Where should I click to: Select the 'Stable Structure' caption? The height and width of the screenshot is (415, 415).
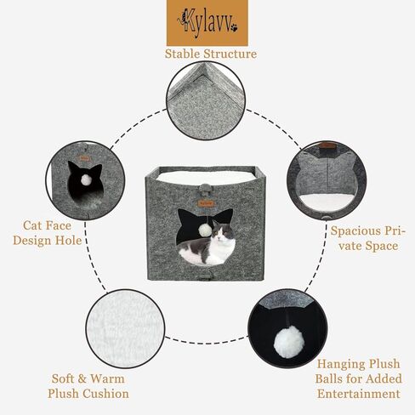pos(210,54)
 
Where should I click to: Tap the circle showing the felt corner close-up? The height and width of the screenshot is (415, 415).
pos(206,100)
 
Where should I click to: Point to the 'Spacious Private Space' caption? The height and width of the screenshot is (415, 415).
pos(367,238)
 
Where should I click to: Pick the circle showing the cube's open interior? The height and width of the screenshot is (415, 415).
pos(327,180)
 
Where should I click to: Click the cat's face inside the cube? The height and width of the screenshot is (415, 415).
pos(224,236)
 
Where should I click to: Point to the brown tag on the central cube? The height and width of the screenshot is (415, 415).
pos(206,203)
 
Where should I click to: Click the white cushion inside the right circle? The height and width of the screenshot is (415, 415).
pos(327,202)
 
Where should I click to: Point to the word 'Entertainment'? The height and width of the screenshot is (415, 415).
pos(357,394)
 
